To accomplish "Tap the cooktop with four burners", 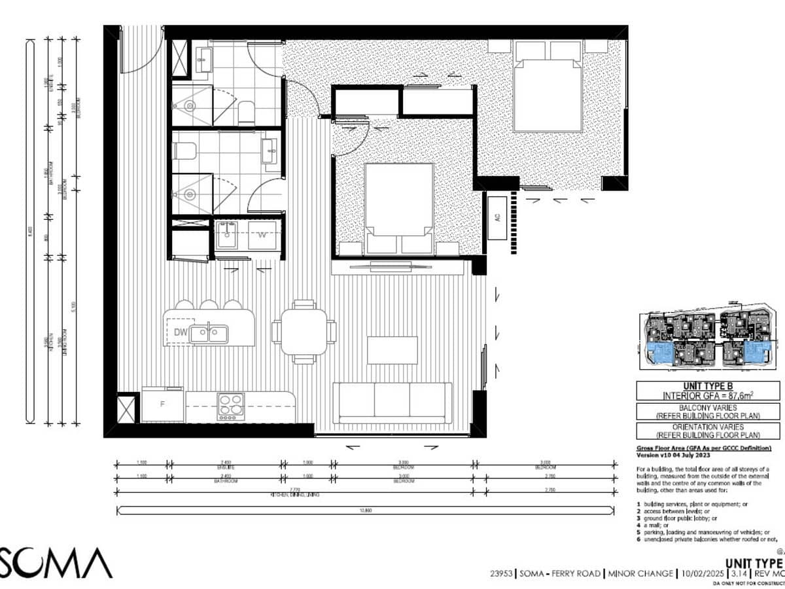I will [231, 406].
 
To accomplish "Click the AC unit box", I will [497, 217].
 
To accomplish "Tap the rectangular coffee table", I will [392, 349].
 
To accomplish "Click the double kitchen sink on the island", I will [209, 334].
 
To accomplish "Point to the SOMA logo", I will [56, 563].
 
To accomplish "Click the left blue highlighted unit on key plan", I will [663, 353].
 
